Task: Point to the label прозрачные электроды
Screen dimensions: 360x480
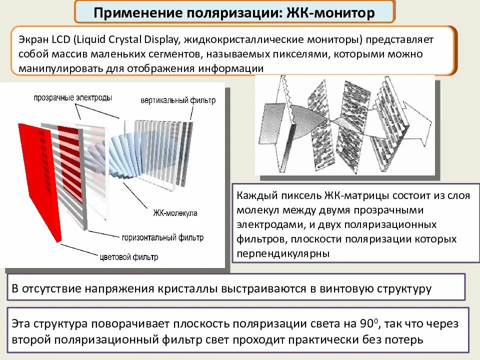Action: [73, 97]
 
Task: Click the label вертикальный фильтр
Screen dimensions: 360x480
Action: [178, 100]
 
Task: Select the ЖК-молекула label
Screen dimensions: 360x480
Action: [175, 213]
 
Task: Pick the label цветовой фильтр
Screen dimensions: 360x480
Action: [128, 257]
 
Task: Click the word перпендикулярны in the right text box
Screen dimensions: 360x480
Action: [284, 253]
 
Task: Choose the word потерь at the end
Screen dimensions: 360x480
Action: [405, 340]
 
